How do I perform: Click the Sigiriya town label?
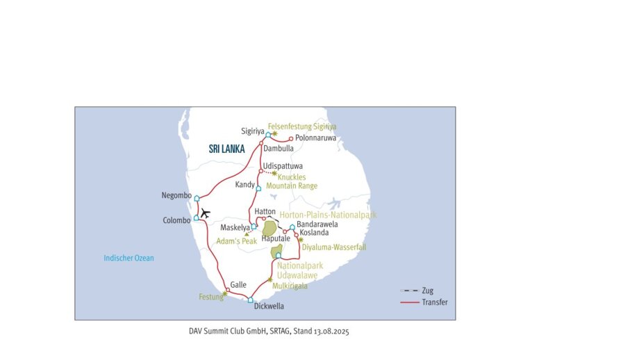pos(253,131)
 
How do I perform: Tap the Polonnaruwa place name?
pos(315,138)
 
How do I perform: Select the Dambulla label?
pos(278,148)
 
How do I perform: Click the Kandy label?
pos(244,184)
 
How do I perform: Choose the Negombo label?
pos(176,195)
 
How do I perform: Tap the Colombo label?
pos(176,220)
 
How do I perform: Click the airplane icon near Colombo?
pos(205,213)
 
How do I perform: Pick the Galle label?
pos(238,284)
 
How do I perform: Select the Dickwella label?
pos(269,306)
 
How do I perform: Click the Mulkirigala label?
pos(290,285)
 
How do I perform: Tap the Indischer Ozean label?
pos(128,259)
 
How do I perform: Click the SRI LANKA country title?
pos(226,149)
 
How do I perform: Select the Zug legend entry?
pos(428,291)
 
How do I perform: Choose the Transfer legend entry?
pos(435,302)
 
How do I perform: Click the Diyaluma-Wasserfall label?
pos(334,247)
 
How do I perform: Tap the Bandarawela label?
pos(317,224)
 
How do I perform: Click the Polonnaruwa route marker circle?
pos(291,138)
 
